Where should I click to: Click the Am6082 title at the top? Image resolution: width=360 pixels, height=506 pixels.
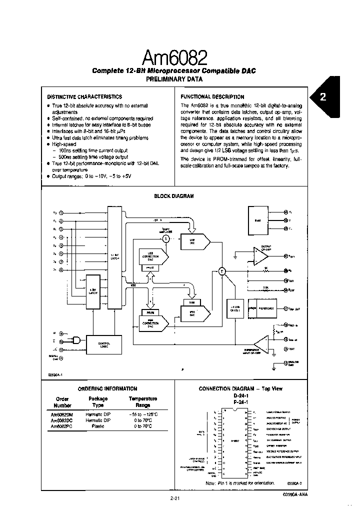click(173, 58)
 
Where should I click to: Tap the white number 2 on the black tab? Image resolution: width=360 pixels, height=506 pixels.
click(322, 97)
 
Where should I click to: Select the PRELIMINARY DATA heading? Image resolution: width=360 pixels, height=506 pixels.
click(173, 79)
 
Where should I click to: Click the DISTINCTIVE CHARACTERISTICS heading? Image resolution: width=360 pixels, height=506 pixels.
click(84, 96)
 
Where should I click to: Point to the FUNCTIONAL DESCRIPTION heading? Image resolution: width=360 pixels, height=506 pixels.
click(212, 96)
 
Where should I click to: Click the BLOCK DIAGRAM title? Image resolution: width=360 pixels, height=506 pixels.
click(173, 196)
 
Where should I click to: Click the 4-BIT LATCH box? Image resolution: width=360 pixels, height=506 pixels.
click(93, 291)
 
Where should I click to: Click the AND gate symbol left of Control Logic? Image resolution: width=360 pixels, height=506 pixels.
click(76, 340)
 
